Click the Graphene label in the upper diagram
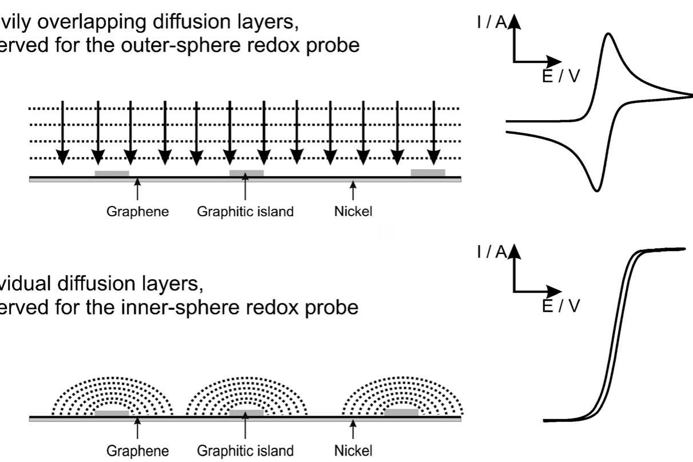point(138,212)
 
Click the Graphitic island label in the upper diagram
point(245,212)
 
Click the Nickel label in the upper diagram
point(353,212)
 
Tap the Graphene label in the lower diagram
point(138,451)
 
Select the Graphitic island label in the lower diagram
point(245,451)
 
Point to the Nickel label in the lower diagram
point(353,451)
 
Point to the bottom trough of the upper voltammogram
point(595,189)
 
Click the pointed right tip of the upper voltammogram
point(690,95)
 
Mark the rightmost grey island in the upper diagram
point(428,173)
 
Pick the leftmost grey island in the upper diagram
point(112,173)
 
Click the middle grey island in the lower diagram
point(246,412)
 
